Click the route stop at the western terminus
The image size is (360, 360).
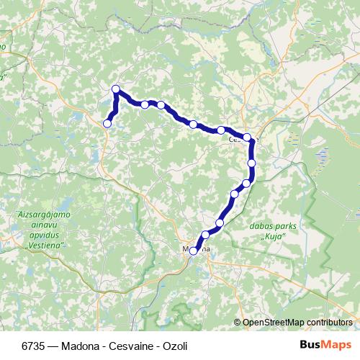coord(107,124)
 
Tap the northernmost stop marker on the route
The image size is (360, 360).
coord(115,89)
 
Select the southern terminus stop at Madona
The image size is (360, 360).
coord(193,251)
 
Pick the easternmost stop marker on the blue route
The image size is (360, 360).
coord(252,163)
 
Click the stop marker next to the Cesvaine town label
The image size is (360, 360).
coord(247,137)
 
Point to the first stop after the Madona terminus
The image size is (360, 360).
coord(206,235)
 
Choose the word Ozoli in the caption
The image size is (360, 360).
coord(172,346)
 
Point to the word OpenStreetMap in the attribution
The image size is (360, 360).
coord(274,322)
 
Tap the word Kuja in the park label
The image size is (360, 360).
coord(271,235)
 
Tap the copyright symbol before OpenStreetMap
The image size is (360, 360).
coord(238,322)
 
